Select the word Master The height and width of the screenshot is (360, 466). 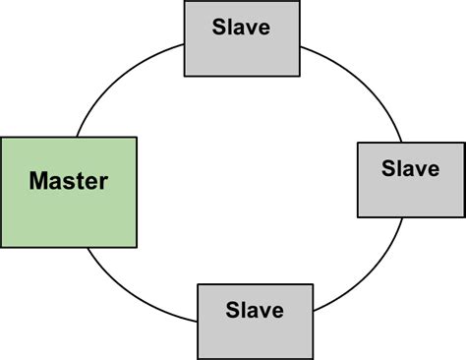tap(68, 181)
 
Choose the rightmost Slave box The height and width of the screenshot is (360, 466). tap(410, 179)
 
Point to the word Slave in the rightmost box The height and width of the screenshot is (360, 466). tap(410, 168)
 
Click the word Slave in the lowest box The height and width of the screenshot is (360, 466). tap(254, 311)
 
